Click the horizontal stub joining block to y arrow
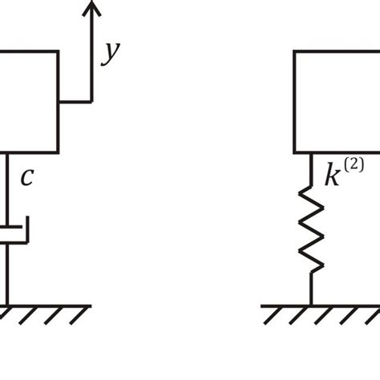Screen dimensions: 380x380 point(75,102)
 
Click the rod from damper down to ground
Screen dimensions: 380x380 point(9,277)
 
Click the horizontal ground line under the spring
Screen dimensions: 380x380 point(321,305)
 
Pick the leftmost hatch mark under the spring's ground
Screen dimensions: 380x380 point(270,316)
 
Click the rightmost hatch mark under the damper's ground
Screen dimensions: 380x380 point(78,316)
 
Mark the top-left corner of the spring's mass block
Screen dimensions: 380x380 point(294,51)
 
